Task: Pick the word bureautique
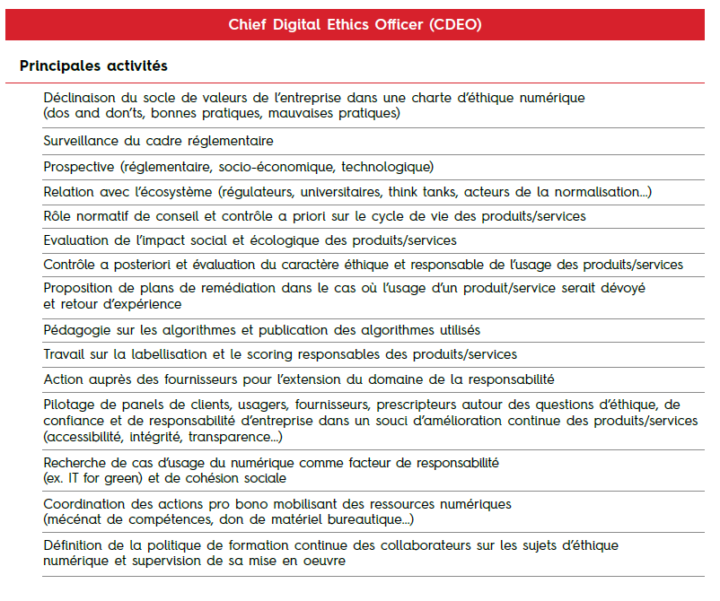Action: pos(364,519)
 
